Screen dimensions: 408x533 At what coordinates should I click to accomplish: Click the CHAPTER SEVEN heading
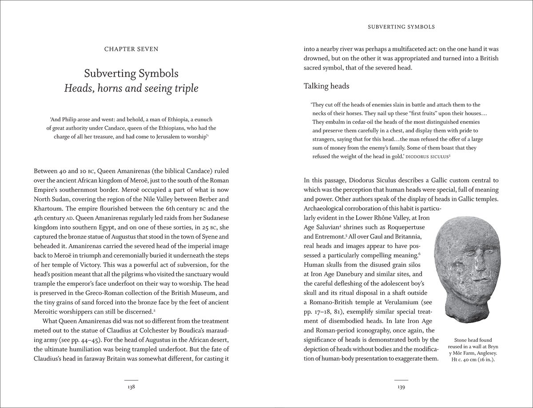[x=131, y=49]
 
